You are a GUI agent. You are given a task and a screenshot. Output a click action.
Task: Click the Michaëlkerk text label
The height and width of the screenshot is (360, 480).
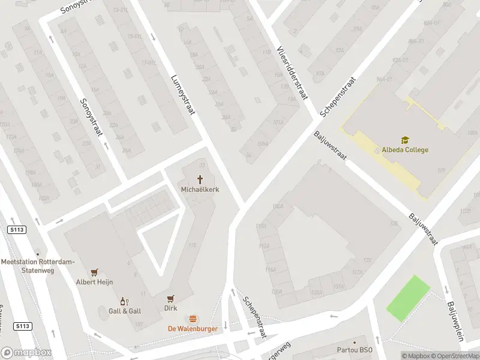pos(200,190)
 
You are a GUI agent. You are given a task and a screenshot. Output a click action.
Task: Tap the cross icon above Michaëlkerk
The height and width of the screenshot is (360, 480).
pos(200,179)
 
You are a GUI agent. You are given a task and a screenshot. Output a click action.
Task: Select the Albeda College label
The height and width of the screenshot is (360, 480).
pos(405,150)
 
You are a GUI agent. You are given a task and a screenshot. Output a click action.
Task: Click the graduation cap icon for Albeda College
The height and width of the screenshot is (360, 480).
pos(405,140)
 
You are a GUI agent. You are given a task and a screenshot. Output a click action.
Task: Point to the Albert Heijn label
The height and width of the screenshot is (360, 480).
pos(94,282)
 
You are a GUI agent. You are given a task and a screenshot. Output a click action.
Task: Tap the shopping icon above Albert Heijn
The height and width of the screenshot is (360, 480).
pos(94,272)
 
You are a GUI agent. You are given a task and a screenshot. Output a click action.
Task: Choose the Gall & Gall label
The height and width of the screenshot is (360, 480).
pos(124,311)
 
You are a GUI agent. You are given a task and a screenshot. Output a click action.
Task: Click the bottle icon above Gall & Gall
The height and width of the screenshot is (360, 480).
pos(124,301)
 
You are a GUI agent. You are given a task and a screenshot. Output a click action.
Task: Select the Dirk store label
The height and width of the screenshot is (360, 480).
pos(170,308)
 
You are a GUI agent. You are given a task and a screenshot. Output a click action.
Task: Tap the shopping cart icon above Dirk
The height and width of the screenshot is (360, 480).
pos(170,298)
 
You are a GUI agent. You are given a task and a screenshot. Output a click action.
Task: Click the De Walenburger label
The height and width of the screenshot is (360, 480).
pos(193,329)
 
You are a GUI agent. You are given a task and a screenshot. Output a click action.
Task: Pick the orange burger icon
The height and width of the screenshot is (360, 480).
pos(193,319)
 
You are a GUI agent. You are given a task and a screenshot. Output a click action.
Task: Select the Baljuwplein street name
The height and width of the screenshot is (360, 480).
pos(455,320)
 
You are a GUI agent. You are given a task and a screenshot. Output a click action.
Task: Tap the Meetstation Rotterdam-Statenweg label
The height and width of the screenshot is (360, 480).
pos(38,266)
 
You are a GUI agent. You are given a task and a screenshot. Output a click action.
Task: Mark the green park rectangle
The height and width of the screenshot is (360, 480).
pos(408,298)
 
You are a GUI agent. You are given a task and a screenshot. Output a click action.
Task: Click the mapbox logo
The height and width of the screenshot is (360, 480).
pos(26,353)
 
